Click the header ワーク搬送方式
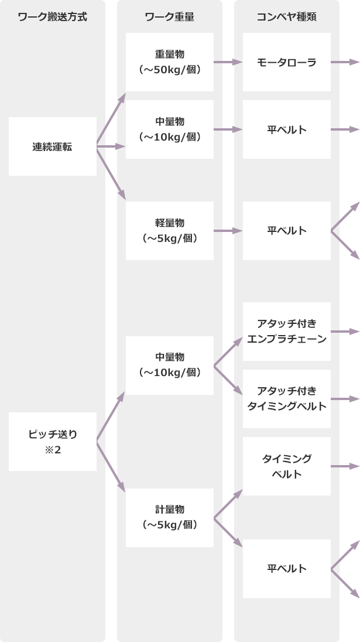pyautogui.click(x=53, y=17)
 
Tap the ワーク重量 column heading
pyautogui.click(x=170, y=17)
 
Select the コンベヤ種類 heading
pyautogui.click(x=287, y=17)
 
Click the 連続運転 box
pyautogui.click(x=53, y=146)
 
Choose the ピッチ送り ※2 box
pyautogui.click(x=53, y=442)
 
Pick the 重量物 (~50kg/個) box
pyautogui.click(x=170, y=62)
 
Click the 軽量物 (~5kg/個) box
pyautogui.click(x=170, y=231)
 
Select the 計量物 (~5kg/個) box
pyautogui.click(x=170, y=517)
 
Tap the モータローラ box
pyautogui.click(x=287, y=62)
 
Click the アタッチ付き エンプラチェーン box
pyautogui.click(x=287, y=332)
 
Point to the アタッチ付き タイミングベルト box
pyautogui.click(x=287, y=398)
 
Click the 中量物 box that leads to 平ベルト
pyautogui.click(x=170, y=129)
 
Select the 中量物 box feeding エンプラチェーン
pyautogui.click(x=170, y=365)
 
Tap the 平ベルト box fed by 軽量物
pyautogui.click(x=287, y=231)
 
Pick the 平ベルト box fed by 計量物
pyautogui.click(x=287, y=568)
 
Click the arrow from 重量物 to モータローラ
pyautogui.click(x=228, y=62)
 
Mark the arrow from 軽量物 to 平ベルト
pyautogui.click(x=228, y=231)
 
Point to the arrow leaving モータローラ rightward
pyautogui.click(x=345, y=62)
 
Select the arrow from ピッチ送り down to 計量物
pyautogui.click(x=111, y=465)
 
